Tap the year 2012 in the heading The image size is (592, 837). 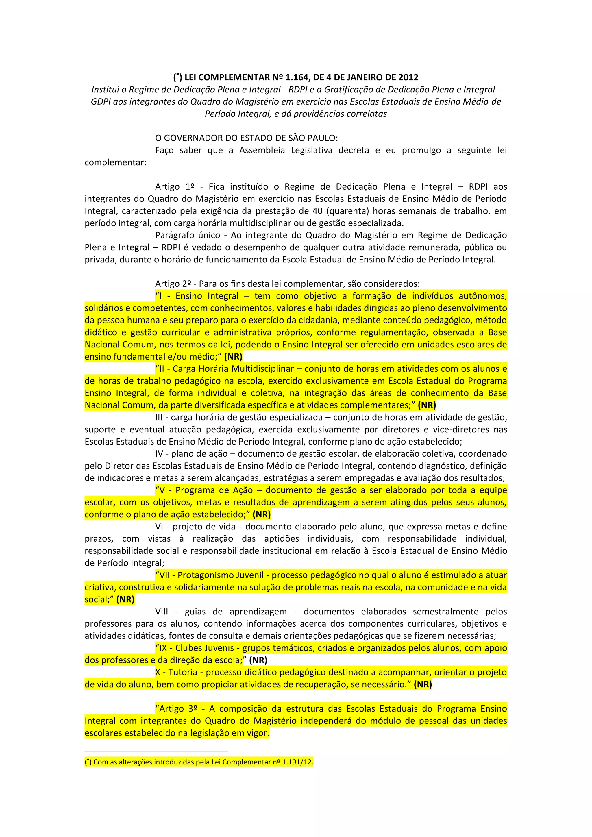point(408,77)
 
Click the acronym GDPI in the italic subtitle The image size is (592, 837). point(101,102)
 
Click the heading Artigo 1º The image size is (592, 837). point(175,187)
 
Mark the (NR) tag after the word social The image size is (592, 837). point(125,599)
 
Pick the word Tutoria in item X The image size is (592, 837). point(183,672)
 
